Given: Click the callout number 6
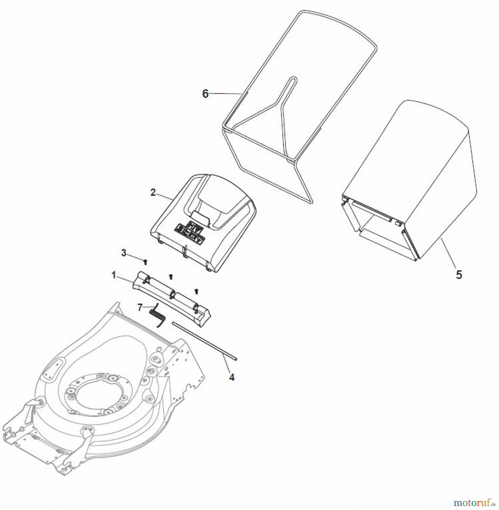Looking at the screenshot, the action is (x=205, y=93).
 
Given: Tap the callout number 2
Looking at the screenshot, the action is (x=153, y=192).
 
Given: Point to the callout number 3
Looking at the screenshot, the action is (x=124, y=253).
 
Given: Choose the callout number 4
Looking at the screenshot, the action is (x=232, y=377).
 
